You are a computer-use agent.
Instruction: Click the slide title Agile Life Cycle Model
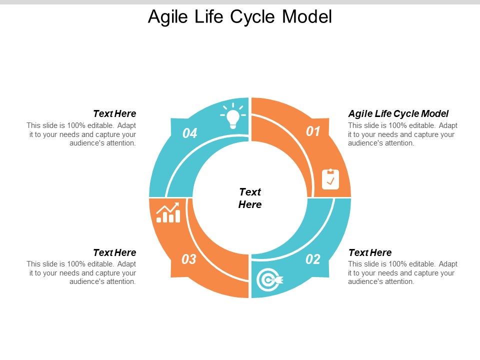click(240, 16)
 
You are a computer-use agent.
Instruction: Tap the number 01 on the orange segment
click(313, 131)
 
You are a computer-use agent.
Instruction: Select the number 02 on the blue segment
click(313, 259)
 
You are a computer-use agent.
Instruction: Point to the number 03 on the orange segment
click(189, 259)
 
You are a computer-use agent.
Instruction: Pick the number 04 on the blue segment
click(190, 133)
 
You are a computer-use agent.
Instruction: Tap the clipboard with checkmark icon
click(330, 179)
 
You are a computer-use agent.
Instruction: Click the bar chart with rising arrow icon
click(168, 212)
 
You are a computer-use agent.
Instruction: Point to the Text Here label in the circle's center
click(250, 198)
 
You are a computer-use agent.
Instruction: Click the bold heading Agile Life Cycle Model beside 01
click(398, 113)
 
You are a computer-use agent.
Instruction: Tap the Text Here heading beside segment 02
click(370, 252)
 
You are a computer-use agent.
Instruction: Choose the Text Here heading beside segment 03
click(114, 252)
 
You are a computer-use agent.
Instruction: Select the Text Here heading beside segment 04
click(114, 114)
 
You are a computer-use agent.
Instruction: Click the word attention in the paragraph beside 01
click(397, 143)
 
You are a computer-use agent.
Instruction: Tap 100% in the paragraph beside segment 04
click(74, 125)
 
